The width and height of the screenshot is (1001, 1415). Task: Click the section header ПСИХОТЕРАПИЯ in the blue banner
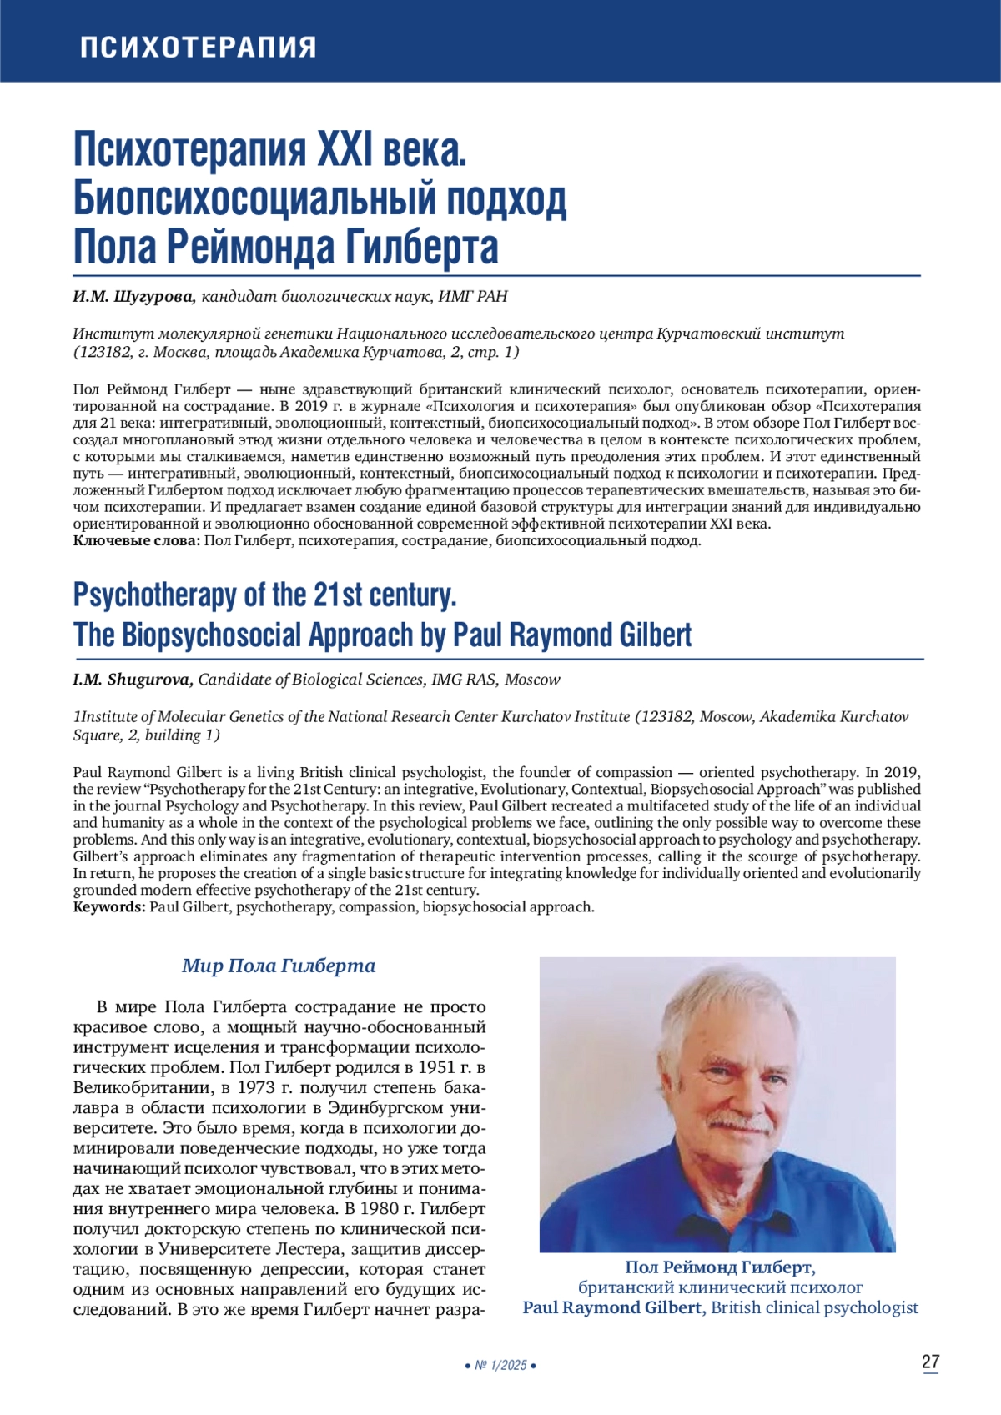(198, 47)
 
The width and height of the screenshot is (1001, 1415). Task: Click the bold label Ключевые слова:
(137, 541)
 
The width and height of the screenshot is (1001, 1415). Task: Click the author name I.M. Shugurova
(133, 680)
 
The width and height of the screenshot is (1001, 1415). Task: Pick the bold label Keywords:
(109, 906)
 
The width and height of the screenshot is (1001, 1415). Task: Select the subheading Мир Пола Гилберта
(279, 966)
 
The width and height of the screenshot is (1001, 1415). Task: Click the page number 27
(930, 1362)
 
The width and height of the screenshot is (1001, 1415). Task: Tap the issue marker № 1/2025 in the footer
(500, 1366)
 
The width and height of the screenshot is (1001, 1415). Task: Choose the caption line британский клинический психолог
(720, 1287)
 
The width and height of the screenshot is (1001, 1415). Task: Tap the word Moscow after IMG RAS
(532, 680)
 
